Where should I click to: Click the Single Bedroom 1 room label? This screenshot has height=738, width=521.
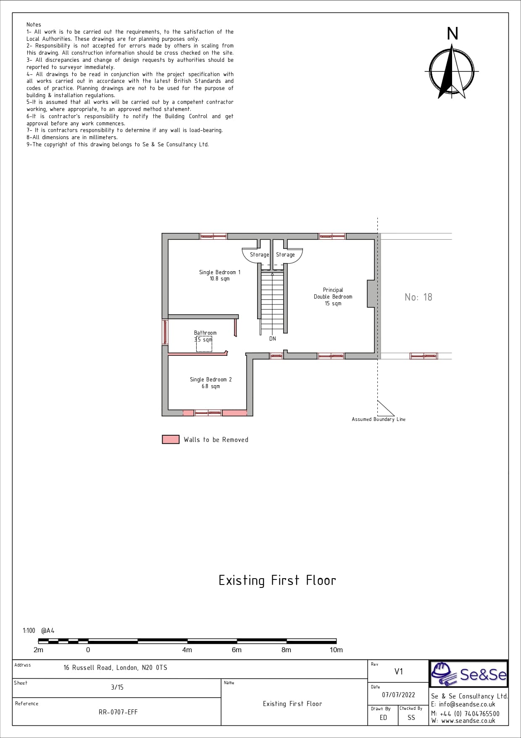tap(220, 275)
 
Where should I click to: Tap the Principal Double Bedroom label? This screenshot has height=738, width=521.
tap(333, 296)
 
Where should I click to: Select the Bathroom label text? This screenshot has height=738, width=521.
tap(205, 333)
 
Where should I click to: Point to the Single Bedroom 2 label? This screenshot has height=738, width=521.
tap(211, 383)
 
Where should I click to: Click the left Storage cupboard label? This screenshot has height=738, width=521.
tap(259, 254)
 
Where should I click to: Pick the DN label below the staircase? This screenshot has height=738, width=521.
tap(273, 339)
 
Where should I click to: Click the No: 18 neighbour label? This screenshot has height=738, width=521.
tap(418, 297)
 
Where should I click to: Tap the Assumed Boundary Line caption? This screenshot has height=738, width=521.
tap(379, 419)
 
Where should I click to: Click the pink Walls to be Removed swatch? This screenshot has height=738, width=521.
tap(171, 439)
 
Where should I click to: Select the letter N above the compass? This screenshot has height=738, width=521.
tap(453, 34)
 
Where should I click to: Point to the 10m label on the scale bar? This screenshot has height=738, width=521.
tap(336, 650)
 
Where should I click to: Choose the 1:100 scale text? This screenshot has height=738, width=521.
tap(29, 631)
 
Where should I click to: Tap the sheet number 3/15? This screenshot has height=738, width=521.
tap(117, 687)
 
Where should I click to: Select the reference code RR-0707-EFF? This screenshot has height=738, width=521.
tap(118, 712)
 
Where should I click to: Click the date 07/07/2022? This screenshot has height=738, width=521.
tap(398, 695)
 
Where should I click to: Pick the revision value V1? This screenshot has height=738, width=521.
tap(399, 672)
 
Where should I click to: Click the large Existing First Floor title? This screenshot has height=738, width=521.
tap(277, 580)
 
